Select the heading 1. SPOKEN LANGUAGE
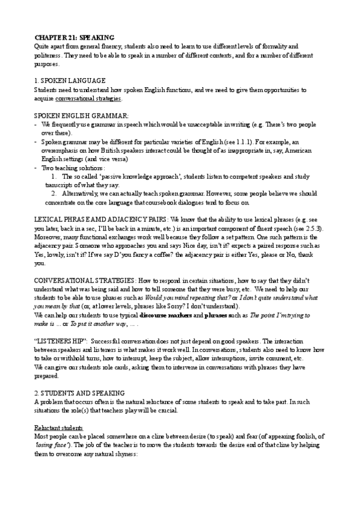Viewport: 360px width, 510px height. (70, 81)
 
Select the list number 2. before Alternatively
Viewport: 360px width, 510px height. (53, 195)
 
